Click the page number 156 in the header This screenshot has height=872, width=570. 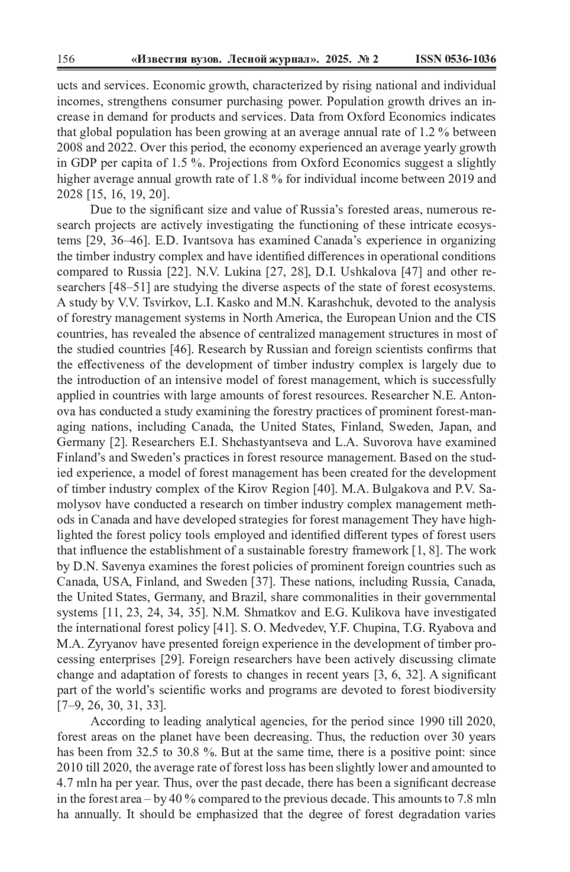66,59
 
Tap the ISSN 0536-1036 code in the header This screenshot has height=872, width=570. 456,59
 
